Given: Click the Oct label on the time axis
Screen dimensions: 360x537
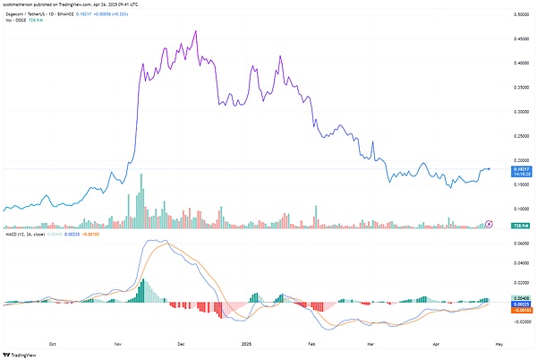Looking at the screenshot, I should (53, 342).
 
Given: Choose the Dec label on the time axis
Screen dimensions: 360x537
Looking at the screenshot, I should (181, 342).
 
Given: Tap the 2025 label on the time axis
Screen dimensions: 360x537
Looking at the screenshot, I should (247, 342).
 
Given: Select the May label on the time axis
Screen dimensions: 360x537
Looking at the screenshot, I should (499, 342).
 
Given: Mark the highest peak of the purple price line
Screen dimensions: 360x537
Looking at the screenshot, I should (195, 31).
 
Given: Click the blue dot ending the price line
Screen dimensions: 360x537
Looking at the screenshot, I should (489, 168).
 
